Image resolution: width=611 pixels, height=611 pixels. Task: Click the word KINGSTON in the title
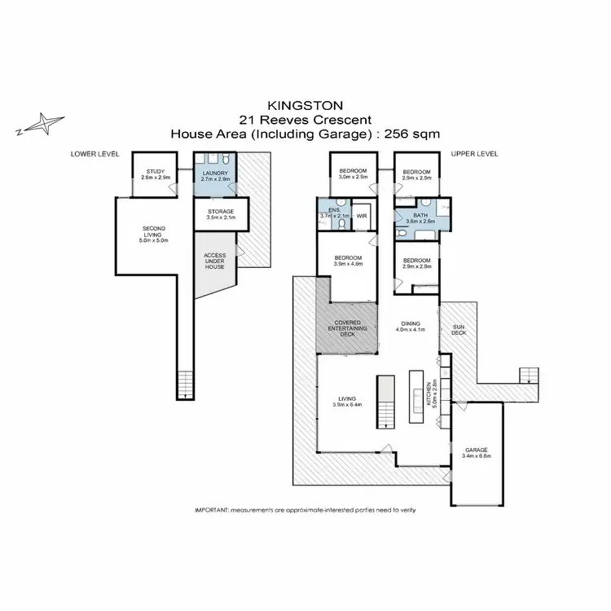[305, 106]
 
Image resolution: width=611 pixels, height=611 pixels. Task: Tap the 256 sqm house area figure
[412, 134]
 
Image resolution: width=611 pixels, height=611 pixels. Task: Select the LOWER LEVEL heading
[95, 154]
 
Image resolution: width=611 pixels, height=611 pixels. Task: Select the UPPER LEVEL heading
[474, 154]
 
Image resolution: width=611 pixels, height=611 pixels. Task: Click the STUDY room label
[156, 171]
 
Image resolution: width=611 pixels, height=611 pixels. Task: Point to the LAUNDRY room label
[215, 173]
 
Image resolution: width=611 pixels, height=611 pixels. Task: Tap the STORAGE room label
[221, 212]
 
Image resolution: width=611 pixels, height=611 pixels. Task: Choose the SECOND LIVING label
[153, 231]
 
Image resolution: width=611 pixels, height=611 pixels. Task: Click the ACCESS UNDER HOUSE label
[215, 261]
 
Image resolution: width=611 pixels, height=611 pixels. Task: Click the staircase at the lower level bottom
[185, 385]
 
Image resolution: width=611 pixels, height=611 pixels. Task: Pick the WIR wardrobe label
[362, 216]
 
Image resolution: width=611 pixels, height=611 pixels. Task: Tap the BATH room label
[420, 215]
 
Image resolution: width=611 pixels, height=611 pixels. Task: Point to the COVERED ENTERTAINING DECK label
[348, 328]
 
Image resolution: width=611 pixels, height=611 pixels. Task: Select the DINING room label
[411, 323]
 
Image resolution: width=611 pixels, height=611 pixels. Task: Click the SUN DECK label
[459, 330]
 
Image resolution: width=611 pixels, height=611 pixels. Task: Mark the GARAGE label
[477, 450]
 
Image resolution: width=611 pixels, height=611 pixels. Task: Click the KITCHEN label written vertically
[429, 394]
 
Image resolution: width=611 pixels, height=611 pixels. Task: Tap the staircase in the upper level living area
[386, 402]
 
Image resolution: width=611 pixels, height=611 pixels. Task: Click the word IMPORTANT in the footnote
[211, 510]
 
